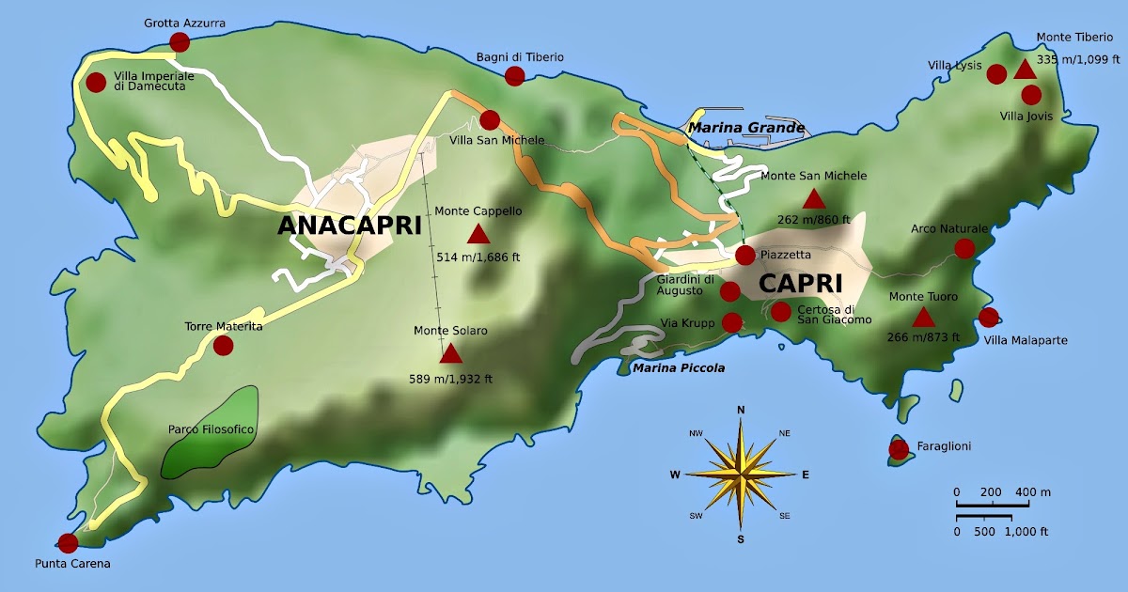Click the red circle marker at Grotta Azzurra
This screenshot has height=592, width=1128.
(x=179, y=41)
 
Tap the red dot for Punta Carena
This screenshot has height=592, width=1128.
(x=68, y=542)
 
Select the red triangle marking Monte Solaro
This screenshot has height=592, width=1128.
(x=451, y=353)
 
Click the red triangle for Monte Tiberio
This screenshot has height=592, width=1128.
(x=1025, y=69)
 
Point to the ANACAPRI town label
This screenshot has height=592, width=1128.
(x=349, y=226)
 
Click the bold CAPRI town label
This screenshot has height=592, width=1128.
(x=801, y=283)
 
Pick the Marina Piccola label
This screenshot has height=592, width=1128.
(x=678, y=367)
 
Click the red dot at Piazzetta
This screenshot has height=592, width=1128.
(x=744, y=255)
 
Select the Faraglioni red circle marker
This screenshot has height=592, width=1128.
(x=899, y=449)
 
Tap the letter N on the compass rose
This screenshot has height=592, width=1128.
(x=741, y=409)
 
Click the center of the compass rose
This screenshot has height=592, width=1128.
(x=741, y=475)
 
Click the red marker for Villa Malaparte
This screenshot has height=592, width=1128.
(x=988, y=317)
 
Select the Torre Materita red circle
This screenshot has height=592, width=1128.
(x=223, y=345)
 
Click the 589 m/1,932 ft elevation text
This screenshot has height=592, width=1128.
(x=450, y=379)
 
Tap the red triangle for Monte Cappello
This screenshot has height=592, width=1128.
(x=478, y=234)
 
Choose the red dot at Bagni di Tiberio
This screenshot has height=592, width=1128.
(x=514, y=76)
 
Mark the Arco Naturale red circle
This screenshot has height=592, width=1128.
(x=964, y=248)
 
